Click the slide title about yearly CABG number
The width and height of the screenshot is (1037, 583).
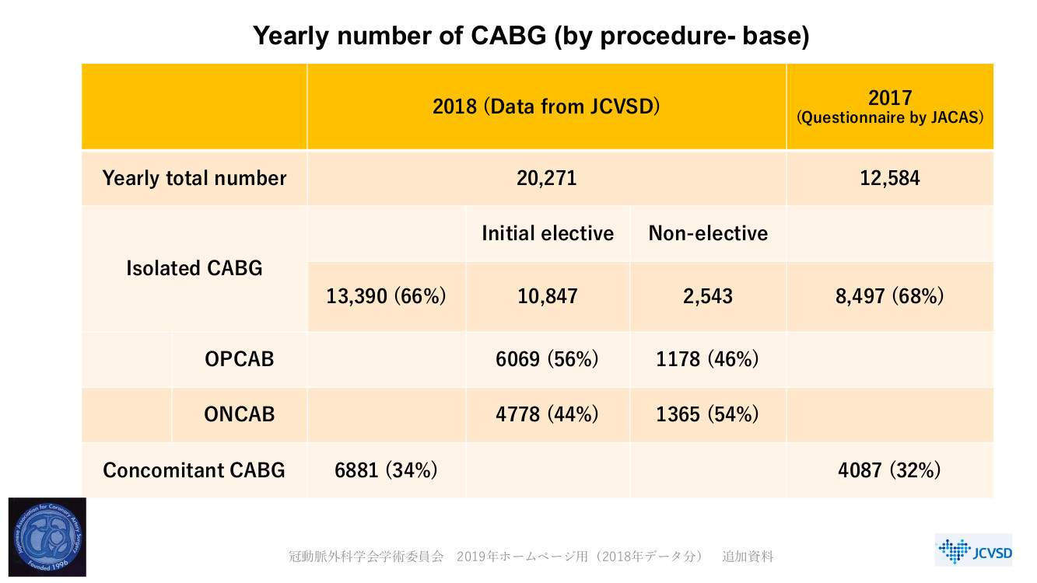point(531,37)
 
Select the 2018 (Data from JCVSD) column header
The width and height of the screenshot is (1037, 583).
point(546,106)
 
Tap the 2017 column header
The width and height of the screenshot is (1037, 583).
point(890,106)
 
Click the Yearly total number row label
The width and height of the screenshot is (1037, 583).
point(194,178)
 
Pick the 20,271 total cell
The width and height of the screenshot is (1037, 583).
point(546,178)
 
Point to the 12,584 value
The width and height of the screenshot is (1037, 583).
point(890,178)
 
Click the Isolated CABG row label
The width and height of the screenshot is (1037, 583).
point(194,268)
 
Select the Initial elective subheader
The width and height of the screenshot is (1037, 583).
point(548,233)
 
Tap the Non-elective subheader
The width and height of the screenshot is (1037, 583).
point(708,233)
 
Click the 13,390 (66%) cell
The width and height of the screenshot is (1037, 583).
point(387,296)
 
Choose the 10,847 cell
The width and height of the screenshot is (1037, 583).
point(547,296)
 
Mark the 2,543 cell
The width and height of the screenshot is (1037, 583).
point(707,296)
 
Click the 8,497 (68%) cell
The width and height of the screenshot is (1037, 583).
point(890,296)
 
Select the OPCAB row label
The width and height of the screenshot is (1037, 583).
point(240,359)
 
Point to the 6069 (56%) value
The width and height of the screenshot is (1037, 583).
point(547,359)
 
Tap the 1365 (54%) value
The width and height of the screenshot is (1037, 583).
point(707,414)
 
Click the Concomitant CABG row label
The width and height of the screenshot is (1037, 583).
point(194,470)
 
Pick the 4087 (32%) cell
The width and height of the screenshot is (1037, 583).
point(890,470)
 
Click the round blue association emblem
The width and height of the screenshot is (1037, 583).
point(47,537)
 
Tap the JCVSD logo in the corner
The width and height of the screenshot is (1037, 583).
point(973,550)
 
